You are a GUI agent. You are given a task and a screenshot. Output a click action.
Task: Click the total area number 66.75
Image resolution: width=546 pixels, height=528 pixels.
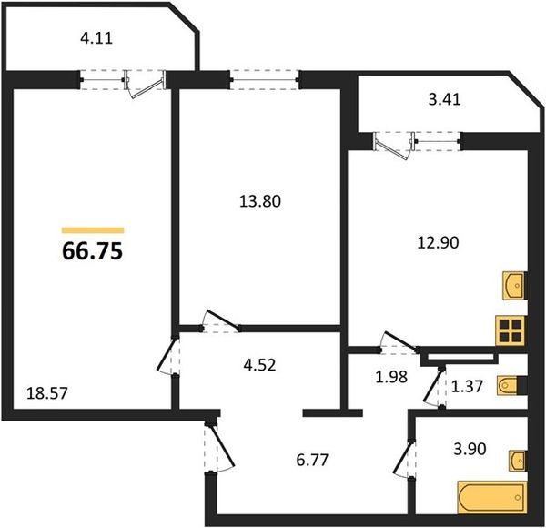click(92, 251)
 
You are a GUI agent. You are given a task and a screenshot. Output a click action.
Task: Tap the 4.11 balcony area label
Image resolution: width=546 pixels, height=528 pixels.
click(96, 38)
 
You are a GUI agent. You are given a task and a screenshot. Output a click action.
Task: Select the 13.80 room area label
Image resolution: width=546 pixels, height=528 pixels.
click(260, 201)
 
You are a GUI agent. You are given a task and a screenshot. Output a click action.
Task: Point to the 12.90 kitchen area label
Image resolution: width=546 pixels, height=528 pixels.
click(438, 242)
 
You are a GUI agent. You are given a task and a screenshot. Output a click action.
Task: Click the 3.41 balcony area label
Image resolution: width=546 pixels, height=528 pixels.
click(445, 99)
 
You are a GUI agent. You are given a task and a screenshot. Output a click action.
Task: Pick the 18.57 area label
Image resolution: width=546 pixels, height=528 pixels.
click(46, 393)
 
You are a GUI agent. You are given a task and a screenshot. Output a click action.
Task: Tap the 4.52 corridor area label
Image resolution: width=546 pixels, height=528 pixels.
click(259, 365)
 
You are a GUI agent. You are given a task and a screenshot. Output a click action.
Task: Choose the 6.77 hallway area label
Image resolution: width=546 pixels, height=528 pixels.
click(312, 460)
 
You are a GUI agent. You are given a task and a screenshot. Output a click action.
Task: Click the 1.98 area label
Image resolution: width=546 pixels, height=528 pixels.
click(391, 377)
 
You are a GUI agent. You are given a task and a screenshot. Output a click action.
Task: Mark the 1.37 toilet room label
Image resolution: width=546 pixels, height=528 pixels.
click(467, 386)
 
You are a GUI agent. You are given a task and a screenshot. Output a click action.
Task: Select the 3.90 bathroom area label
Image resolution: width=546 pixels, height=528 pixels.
click(470, 450)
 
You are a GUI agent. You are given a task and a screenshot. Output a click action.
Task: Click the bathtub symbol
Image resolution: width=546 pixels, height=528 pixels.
click(492, 497)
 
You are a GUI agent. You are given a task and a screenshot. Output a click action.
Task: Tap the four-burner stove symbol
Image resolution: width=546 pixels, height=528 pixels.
click(511, 330)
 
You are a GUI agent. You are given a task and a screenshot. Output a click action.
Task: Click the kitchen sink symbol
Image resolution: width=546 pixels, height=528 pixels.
click(513, 286)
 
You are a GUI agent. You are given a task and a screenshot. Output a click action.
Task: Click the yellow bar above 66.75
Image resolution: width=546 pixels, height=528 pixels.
click(93, 230)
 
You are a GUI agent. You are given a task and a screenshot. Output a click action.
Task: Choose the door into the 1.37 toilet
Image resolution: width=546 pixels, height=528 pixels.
click(435, 387)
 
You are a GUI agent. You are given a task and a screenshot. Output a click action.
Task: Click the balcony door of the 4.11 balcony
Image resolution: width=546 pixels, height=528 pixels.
click(147, 85)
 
